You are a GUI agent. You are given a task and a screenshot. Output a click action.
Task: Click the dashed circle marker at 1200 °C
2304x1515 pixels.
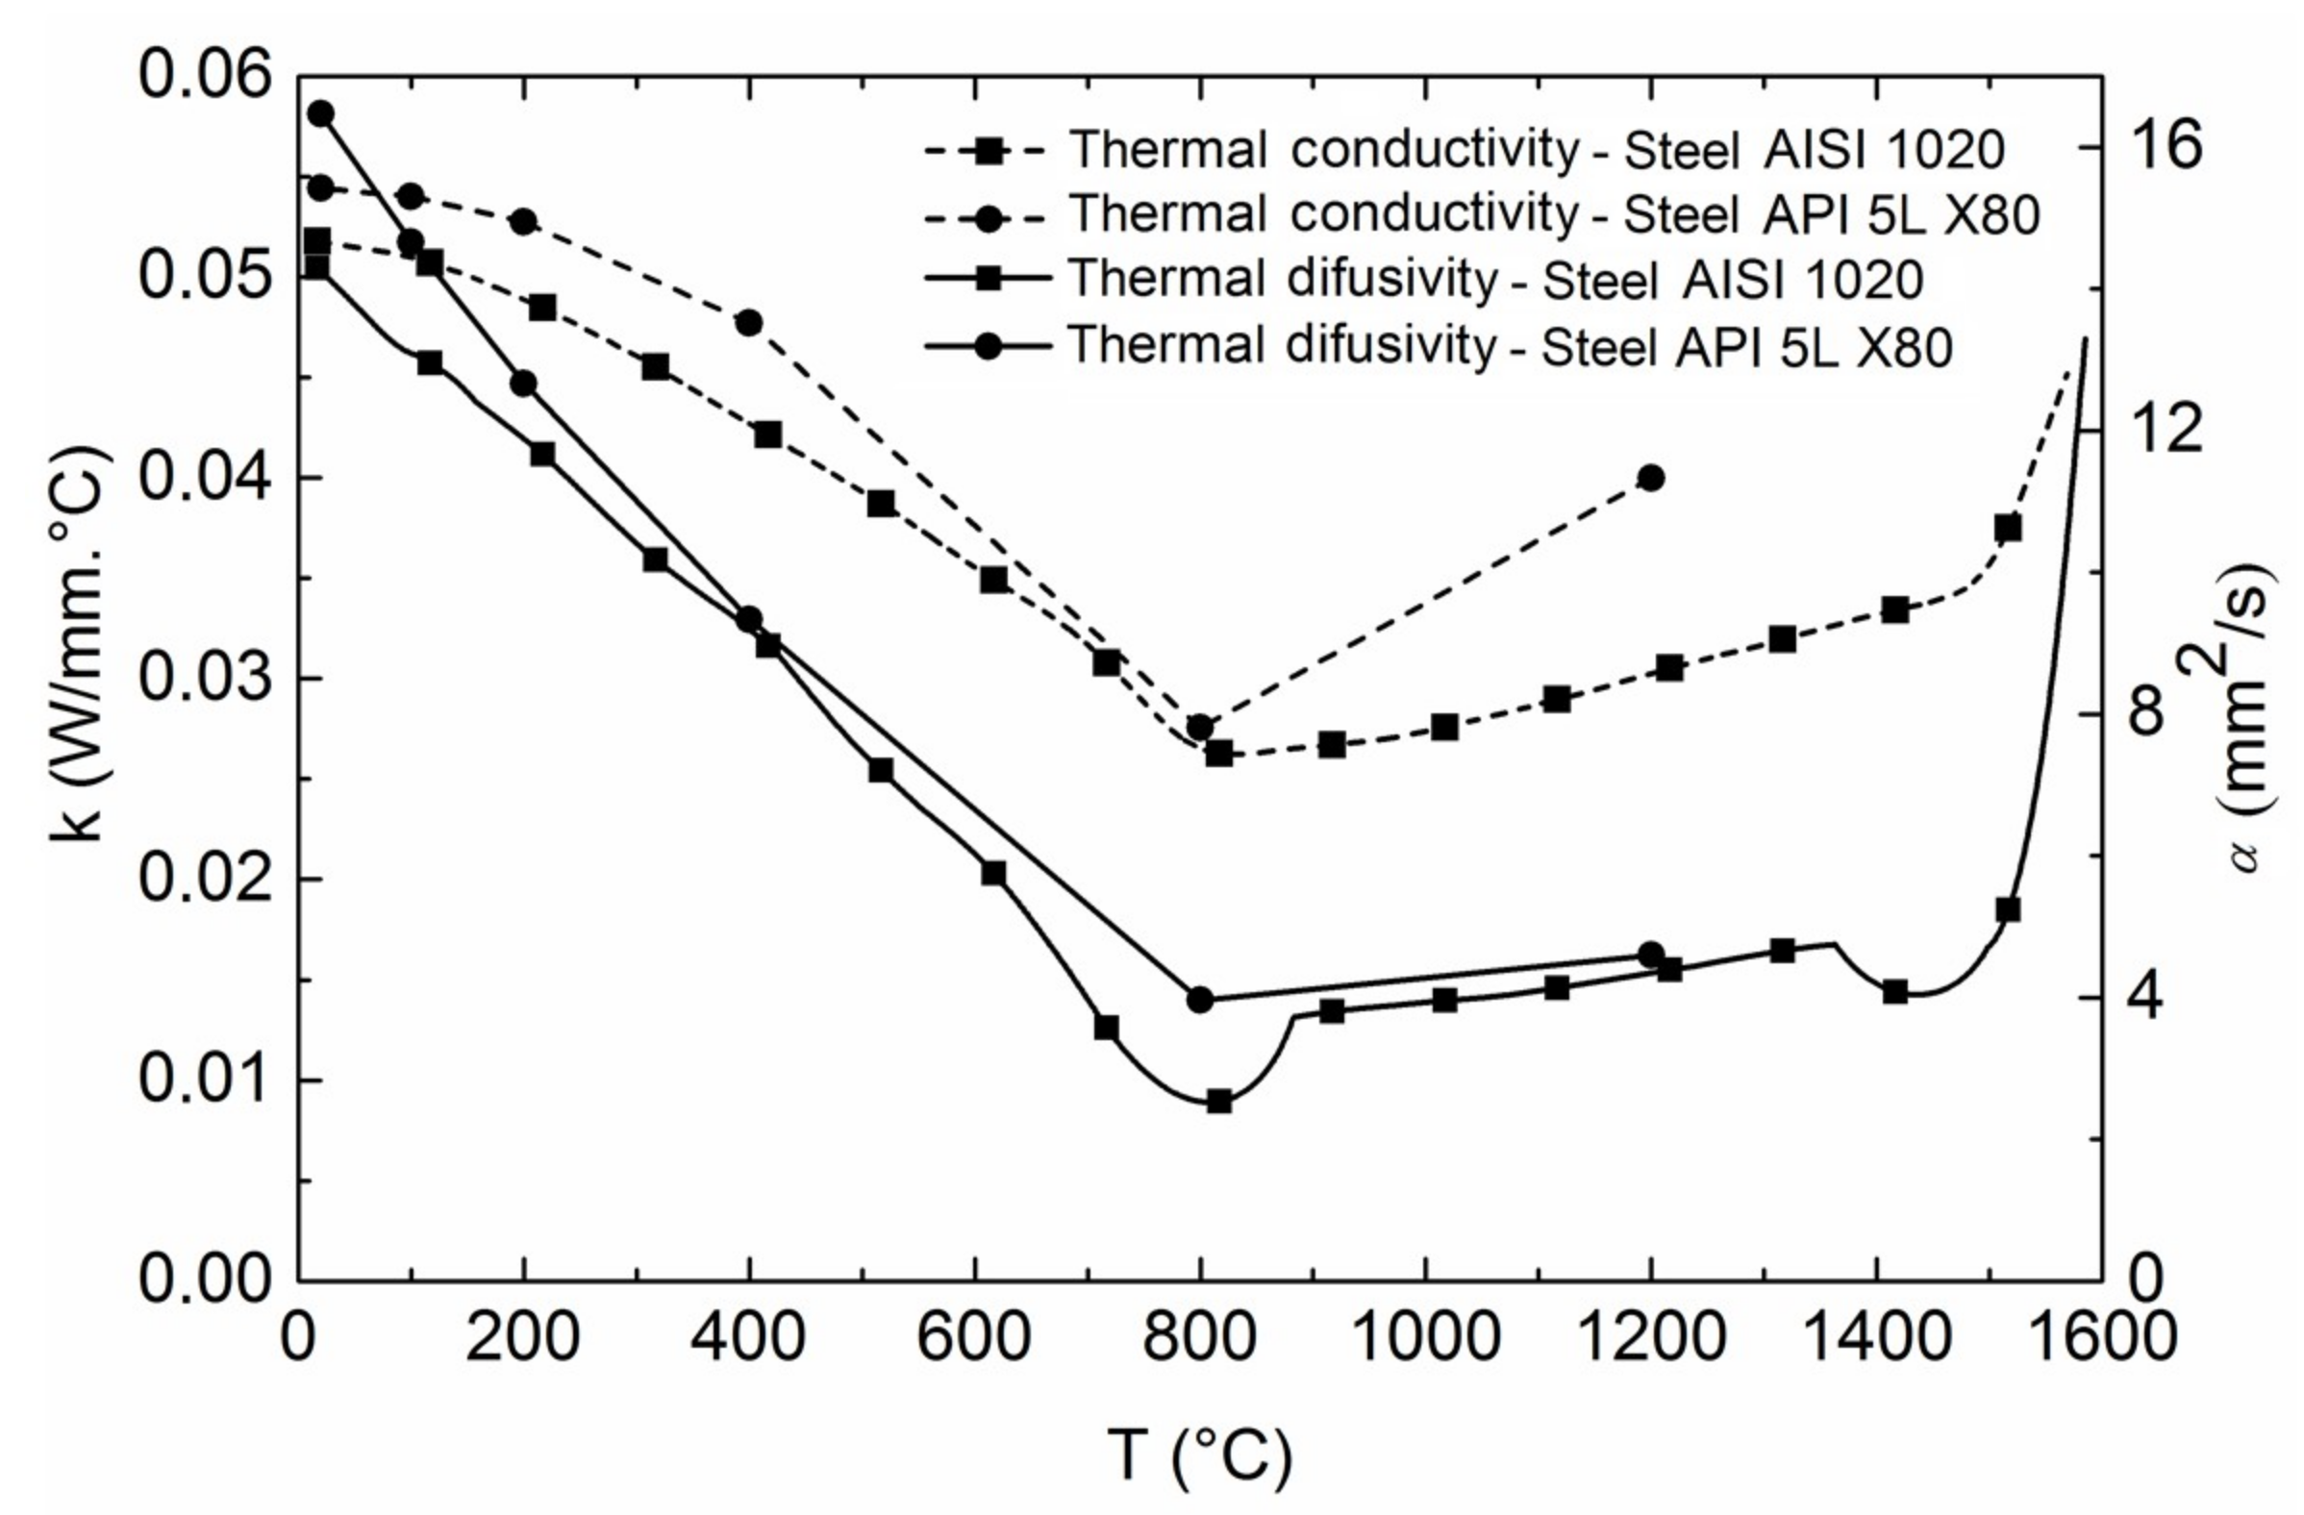1651,477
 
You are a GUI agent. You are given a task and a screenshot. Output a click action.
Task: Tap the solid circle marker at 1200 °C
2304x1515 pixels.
1651,955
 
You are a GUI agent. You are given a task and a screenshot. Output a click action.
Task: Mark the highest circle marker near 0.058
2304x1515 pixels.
320,114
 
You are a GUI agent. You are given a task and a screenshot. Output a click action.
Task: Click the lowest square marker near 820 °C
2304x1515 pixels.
1218,1102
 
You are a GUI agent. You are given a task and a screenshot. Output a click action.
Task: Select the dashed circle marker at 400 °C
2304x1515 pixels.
749,322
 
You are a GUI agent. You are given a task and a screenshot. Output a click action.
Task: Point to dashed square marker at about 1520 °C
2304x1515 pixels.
2008,529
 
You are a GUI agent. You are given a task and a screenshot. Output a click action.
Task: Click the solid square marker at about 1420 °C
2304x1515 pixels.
1895,991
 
